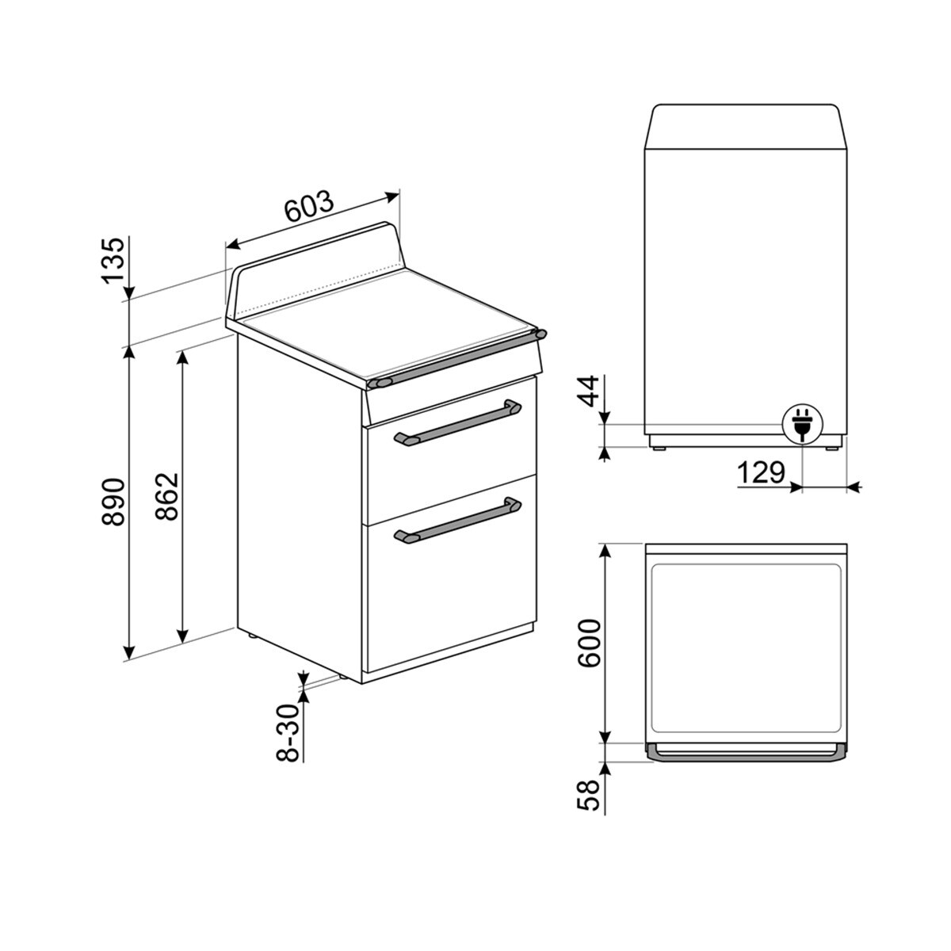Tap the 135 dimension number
(113, 259)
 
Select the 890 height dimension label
(113, 502)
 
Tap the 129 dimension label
(761, 473)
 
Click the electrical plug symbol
(801, 423)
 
